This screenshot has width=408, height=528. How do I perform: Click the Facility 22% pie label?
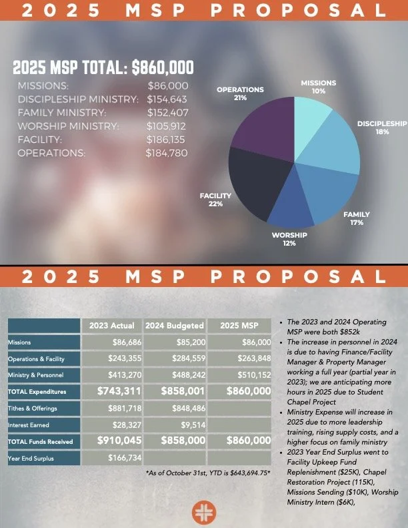pos(215,200)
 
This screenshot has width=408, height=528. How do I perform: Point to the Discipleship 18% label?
pos(382,127)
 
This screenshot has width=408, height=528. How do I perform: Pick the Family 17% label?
pos(357,218)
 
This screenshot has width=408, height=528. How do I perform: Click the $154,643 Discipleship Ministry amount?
pos(167,99)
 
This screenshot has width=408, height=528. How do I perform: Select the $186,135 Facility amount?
pos(165,140)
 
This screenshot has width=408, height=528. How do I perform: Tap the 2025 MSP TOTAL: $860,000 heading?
pos(103,67)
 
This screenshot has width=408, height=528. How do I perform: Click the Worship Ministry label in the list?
pos(68,126)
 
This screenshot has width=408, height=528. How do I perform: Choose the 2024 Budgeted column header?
pos(175,326)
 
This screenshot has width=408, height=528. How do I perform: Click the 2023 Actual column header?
pos(112,326)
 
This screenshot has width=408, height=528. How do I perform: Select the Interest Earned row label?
pos(28,425)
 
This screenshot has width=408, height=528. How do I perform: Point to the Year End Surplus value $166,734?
pos(125,458)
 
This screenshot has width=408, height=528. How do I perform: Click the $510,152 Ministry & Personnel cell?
pos(254,374)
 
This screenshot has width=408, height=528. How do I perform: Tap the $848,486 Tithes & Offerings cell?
pos(189,409)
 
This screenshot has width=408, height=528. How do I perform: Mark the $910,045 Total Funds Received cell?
pos(119,441)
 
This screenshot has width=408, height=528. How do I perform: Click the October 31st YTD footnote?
pos(208,473)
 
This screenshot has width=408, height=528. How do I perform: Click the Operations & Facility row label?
pos(36,359)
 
